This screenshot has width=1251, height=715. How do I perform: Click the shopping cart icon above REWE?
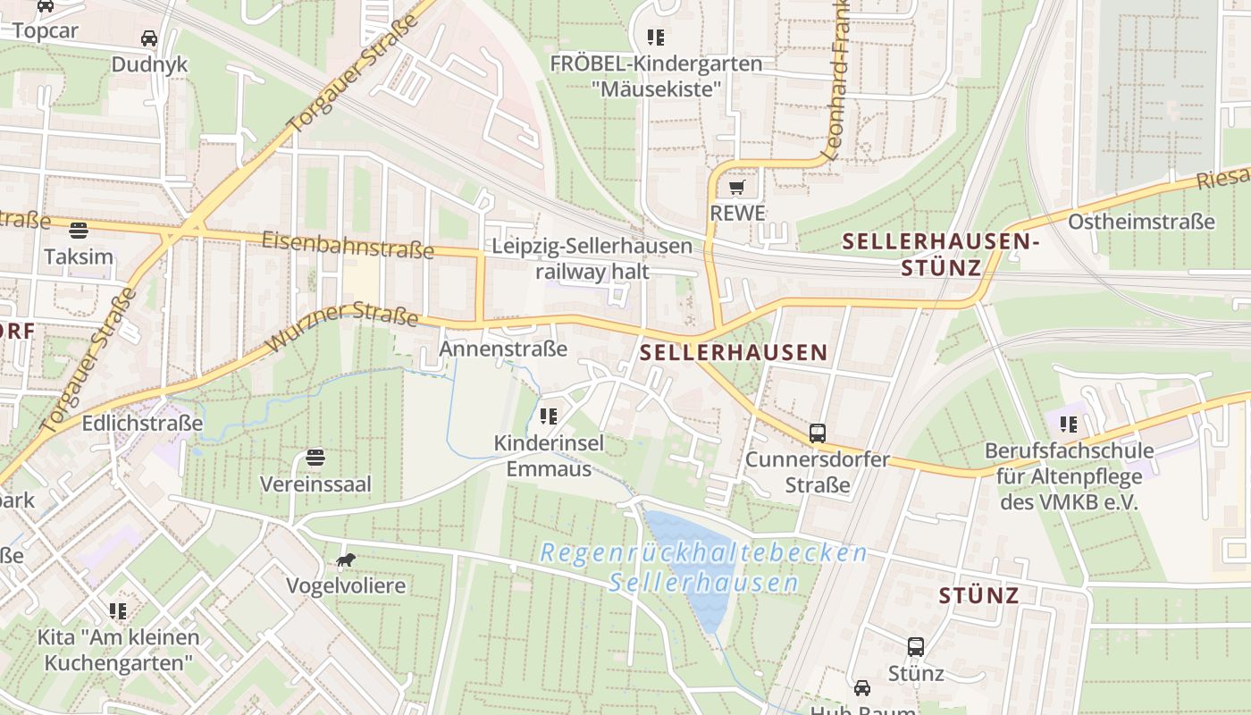pyautogui.click(x=736, y=188)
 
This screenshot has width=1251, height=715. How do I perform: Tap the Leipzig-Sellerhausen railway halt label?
pyautogui.click(x=592, y=258)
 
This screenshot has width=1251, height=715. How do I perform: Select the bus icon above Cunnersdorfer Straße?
pyautogui.click(x=818, y=433)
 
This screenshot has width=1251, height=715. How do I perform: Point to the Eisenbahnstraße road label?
pyautogui.click(x=348, y=244)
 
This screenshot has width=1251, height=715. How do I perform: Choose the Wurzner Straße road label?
pyautogui.click(x=342, y=325)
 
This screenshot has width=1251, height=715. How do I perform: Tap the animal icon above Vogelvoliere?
pyautogui.click(x=345, y=560)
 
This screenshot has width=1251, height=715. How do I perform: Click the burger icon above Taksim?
pyautogui.click(x=79, y=231)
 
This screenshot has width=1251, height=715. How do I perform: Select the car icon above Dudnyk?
pyautogui.click(x=149, y=38)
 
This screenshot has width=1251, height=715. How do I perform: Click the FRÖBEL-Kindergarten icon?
pyautogui.click(x=656, y=38)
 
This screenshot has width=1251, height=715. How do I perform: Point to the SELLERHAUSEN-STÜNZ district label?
pyautogui.click(x=941, y=254)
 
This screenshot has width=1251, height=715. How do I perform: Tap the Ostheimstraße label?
pyautogui.click(x=1141, y=222)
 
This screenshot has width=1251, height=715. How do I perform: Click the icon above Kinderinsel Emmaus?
pyautogui.click(x=549, y=416)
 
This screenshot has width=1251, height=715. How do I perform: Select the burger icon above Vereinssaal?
pyautogui.click(x=315, y=458)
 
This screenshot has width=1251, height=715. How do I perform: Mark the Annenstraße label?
pyautogui.click(x=503, y=349)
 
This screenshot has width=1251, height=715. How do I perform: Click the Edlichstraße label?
pyautogui.click(x=142, y=423)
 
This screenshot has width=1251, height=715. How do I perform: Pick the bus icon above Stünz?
pyautogui.click(x=916, y=647)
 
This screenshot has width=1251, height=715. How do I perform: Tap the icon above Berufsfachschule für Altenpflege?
pyautogui.click(x=1068, y=425)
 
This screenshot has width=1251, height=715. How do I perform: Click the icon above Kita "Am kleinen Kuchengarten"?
pyautogui.click(x=118, y=611)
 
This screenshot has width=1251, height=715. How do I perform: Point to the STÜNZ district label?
pyautogui.click(x=978, y=595)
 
